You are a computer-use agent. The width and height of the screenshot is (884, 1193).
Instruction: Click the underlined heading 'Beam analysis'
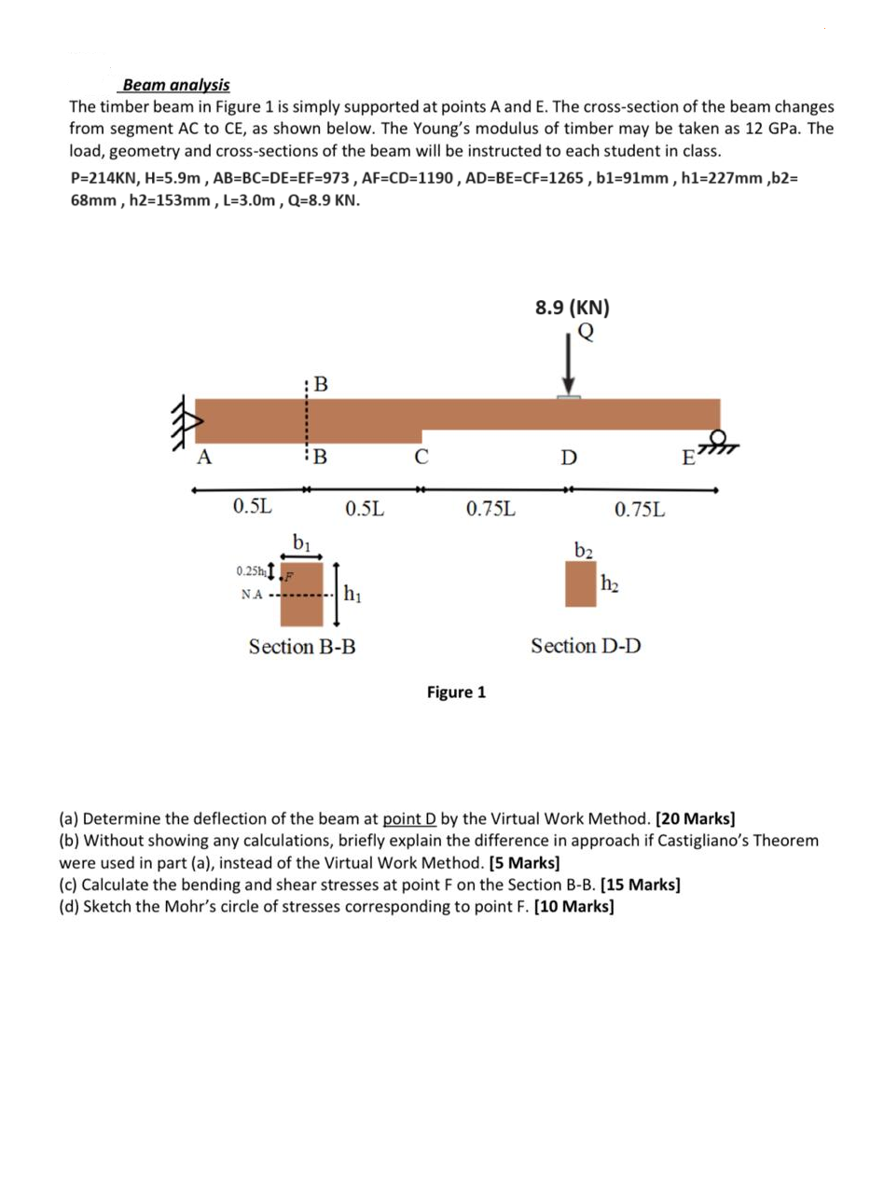pos(176,85)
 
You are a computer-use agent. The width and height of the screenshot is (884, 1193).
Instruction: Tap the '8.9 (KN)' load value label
pos(572,308)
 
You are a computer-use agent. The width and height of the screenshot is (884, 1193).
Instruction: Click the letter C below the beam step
pos(421,457)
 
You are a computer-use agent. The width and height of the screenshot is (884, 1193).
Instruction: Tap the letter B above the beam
pos(320,382)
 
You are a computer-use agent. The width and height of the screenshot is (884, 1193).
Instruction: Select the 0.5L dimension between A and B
pos(253,508)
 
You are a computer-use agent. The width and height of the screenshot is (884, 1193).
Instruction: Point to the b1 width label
pos(301,541)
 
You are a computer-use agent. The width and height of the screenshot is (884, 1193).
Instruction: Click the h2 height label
pos(609,584)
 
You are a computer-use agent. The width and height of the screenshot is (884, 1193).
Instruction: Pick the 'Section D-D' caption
pos(586,646)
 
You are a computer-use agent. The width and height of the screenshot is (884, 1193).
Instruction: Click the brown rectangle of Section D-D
pos(580,584)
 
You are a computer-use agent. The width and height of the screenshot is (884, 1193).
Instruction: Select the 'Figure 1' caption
pos(456,692)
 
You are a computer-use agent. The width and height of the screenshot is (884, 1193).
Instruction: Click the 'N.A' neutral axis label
pos(251,594)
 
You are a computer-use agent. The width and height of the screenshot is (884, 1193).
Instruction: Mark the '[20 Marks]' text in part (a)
pos(695,820)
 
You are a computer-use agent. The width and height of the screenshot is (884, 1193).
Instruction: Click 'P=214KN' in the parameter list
pos(104,178)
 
